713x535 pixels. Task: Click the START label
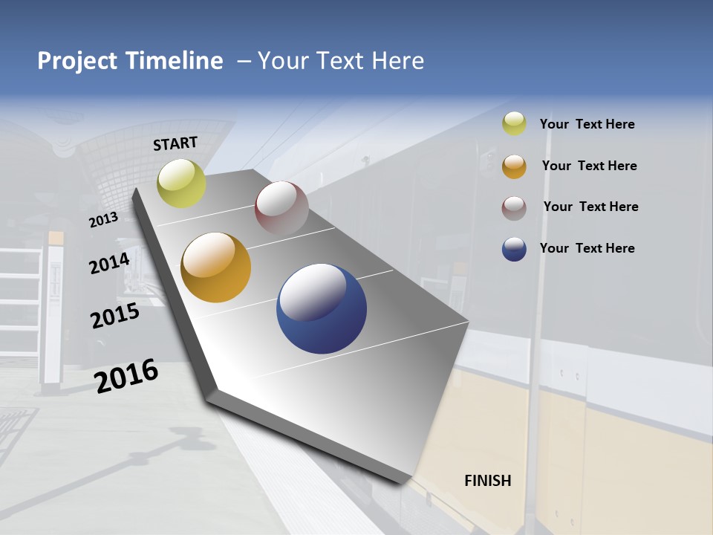pyautogui.click(x=175, y=143)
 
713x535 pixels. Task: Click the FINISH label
pyautogui.click(x=488, y=481)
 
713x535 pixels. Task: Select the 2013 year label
pyautogui.click(x=103, y=220)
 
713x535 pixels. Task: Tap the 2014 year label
pyautogui.click(x=109, y=263)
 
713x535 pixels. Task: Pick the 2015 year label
pyautogui.click(x=115, y=316)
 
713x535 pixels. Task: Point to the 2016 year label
pyautogui.click(x=126, y=375)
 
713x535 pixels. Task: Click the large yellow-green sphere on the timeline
pyautogui.click(x=181, y=183)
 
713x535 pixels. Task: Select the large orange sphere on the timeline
pyautogui.click(x=216, y=267)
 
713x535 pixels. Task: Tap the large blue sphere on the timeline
pyautogui.click(x=322, y=308)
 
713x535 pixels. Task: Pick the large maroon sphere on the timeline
pyautogui.click(x=281, y=208)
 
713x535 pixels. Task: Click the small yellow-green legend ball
pyautogui.click(x=514, y=124)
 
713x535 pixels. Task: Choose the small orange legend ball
pyautogui.click(x=514, y=166)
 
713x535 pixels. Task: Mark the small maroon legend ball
pyautogui.click(x=514, y=208)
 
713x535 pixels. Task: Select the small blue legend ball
pyautogui.click(x=514, y=249)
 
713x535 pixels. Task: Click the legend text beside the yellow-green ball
pyautogui.click(x=587, y=125)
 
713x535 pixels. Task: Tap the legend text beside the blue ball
pyautogui.click(x=587, y=248)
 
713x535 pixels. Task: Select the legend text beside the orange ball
pyautogui.click(x=589, y=166)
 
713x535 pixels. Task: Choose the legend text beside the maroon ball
pyautogui.click(x=590, y=207)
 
